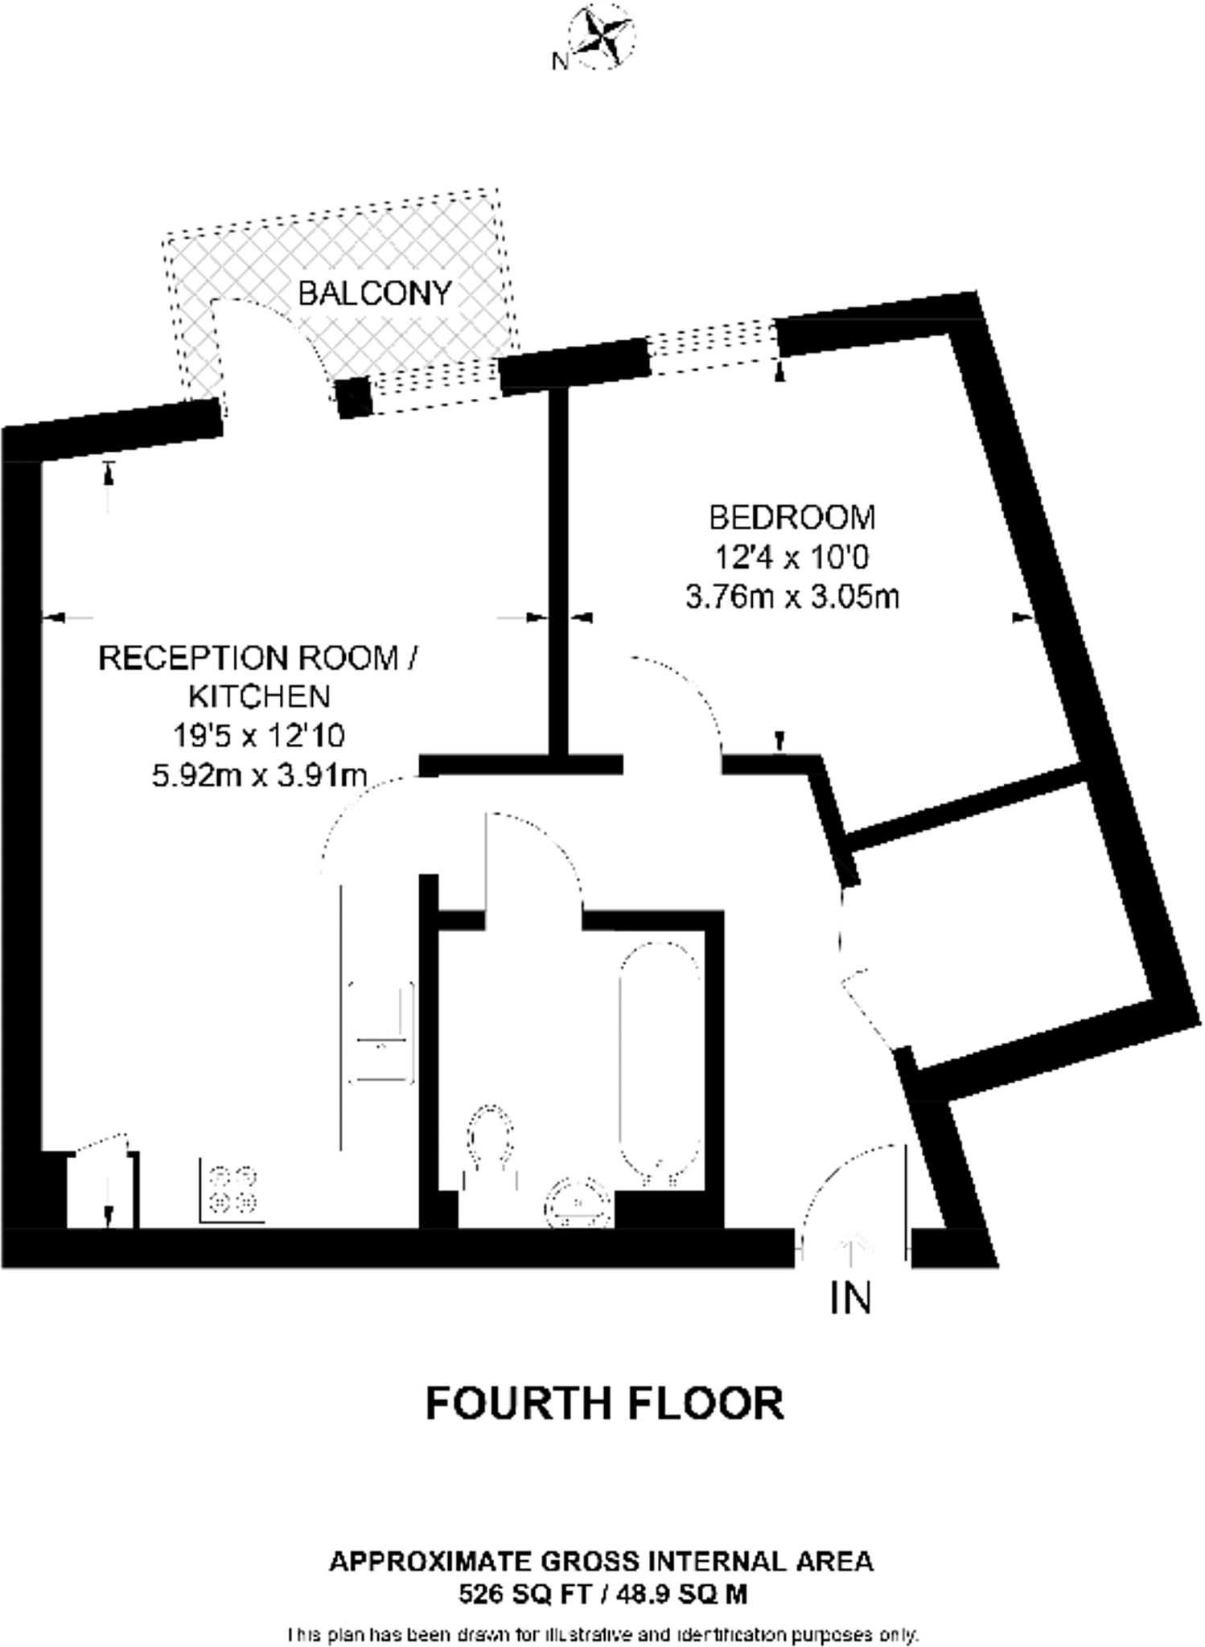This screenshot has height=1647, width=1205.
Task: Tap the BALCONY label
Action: (x=375, y=294)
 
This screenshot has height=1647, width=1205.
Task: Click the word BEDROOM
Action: (x=792, y=517)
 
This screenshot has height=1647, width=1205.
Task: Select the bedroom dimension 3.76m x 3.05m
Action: (x=792, y=598)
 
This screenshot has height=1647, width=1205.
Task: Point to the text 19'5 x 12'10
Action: (x=259, y=734)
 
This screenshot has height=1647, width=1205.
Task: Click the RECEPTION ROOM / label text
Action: (x=259, y=658)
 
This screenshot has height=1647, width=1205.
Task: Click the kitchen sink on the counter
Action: (x=382, y=1032)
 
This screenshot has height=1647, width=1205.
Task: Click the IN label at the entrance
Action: (x=850, y=1298)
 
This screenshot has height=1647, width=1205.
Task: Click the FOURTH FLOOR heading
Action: (x=604, y=1403)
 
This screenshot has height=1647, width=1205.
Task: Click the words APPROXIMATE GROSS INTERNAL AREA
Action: (x=601, y=1561)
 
